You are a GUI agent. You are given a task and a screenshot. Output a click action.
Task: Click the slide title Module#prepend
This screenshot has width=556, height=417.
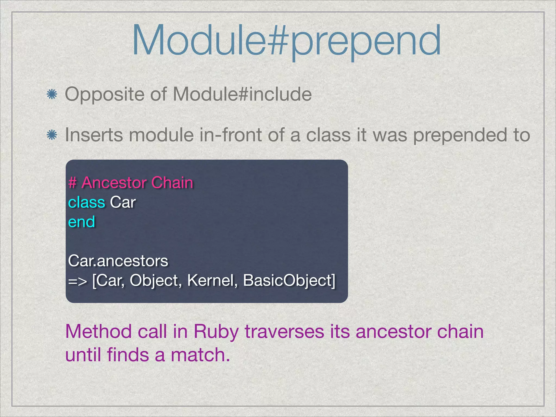(286, 41)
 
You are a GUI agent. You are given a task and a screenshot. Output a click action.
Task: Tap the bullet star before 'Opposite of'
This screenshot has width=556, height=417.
(51, 95)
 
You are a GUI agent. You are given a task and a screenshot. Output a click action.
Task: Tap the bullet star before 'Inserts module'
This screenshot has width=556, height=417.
(51, 135)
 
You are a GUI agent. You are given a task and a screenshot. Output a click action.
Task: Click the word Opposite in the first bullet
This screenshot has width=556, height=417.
(105, 95)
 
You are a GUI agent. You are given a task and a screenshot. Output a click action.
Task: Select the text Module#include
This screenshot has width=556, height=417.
(242, 94)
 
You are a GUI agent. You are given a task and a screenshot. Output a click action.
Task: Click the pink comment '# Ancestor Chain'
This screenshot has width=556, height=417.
(131, 182)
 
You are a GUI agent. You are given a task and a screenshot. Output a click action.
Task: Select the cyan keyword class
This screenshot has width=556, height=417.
(86, 203)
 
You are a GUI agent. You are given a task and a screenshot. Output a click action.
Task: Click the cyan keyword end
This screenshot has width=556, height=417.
(81, 222)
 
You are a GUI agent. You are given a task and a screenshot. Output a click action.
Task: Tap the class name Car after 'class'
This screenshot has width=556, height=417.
(123, 203)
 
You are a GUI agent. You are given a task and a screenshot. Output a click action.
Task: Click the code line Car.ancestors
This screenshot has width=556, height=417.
(118, 261)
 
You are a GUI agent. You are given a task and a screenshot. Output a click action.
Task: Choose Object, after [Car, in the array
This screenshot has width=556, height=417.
(155, 280)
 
